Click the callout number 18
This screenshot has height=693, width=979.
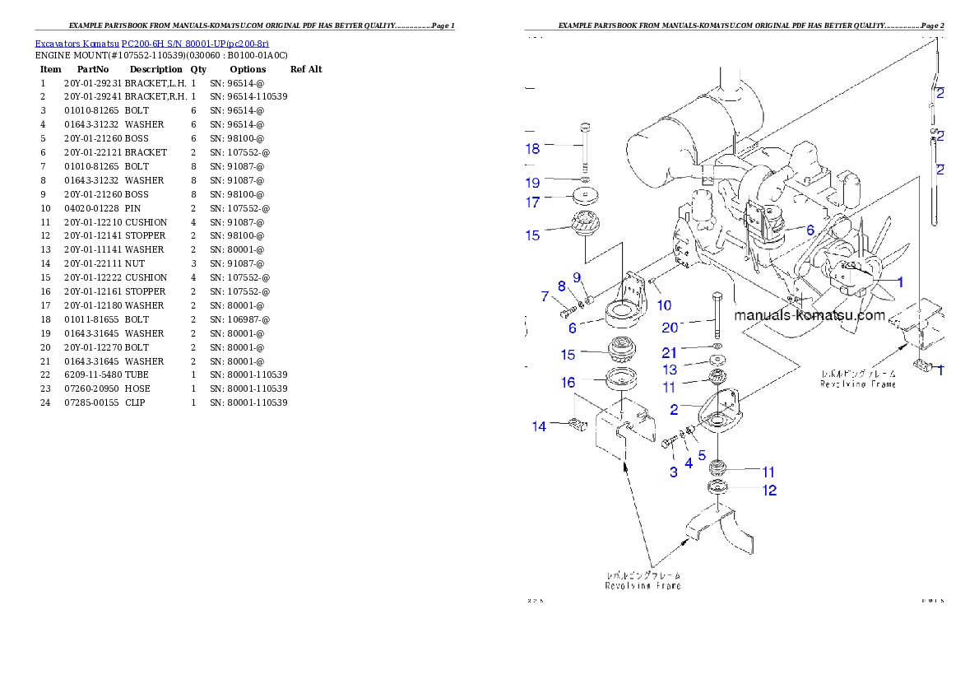[533, 149]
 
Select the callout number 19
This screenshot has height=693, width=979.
[533, 183]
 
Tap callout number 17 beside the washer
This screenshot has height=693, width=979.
[533, 202]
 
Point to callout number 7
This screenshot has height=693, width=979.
[545, 296]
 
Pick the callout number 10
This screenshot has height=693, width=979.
[664, 305]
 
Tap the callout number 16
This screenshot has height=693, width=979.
[568, 383]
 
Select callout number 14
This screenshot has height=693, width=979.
[539, 426]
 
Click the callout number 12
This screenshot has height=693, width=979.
[769, 491]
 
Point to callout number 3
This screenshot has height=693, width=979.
[674, 472]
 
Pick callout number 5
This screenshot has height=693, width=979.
[702, 454]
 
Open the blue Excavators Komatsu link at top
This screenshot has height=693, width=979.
[151, 44]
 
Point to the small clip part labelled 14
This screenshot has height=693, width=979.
[578, 425]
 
